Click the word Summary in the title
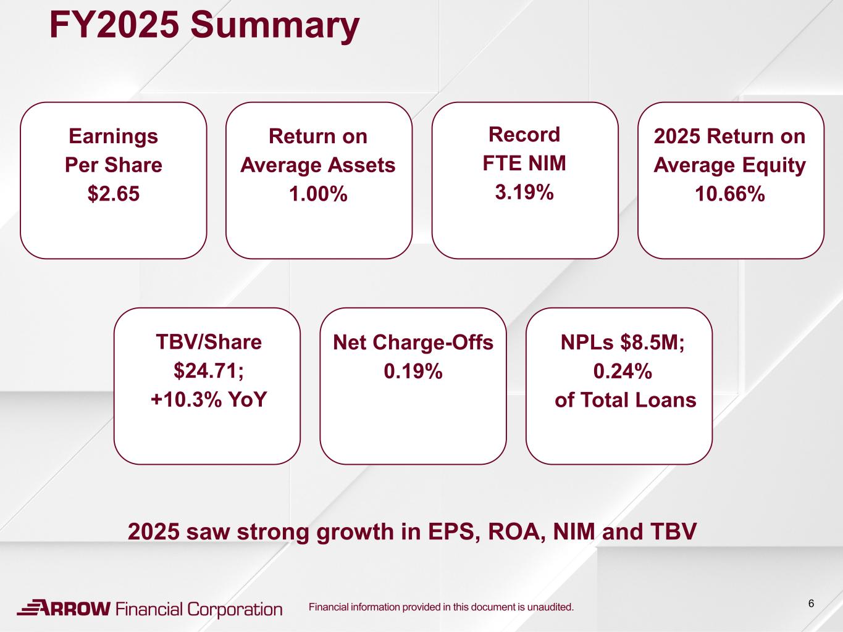click(275, 26)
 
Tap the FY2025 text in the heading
click(114, 24)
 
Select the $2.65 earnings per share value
click(113, 193)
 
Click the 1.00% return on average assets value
click(319, 193)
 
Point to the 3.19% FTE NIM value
click(524, 191)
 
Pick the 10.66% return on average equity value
click(730, 193)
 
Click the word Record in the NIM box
click(524, 135)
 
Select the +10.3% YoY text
click(209, 399)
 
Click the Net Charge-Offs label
click(413, 342)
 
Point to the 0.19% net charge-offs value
click(413, 371)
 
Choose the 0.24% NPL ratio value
click(623, 371)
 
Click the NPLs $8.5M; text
click(623, 342)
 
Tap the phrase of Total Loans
click(626, 400)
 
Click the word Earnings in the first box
click(113, 136)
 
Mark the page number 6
click(811, 604)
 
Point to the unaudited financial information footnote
click(442, 607)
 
